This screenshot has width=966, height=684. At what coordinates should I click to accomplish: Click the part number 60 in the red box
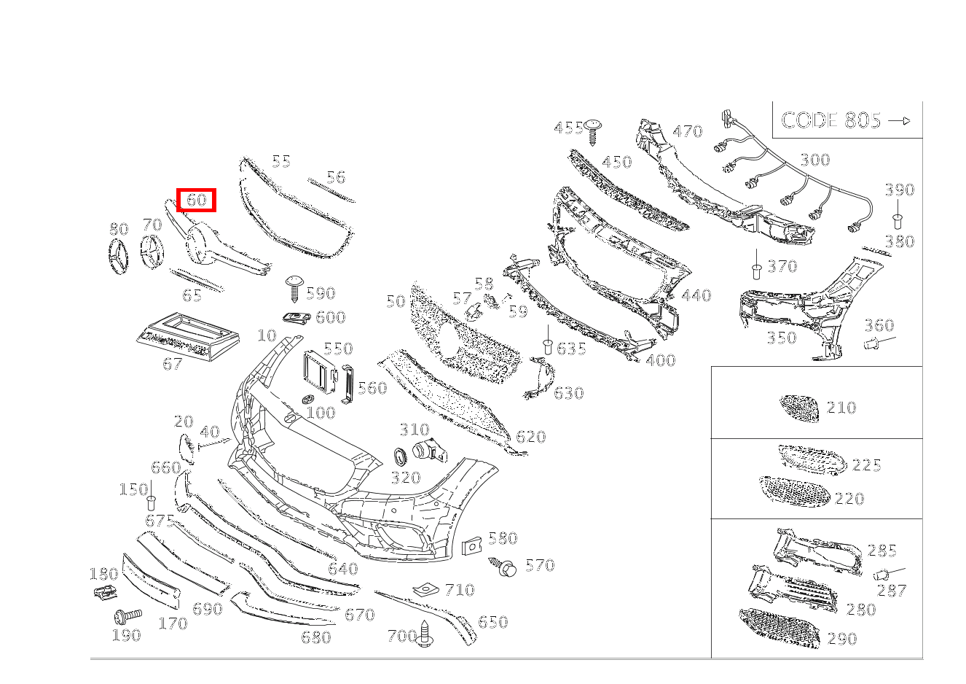(197, 199)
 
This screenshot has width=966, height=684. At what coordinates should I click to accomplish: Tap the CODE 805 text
(830, 120)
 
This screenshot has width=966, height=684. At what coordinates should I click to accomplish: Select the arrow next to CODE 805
(900, 121)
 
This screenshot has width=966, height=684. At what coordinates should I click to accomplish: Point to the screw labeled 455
(594, 131)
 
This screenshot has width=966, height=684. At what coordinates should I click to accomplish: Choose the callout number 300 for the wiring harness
(814, 160)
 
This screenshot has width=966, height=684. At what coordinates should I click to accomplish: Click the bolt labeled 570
(506, 567)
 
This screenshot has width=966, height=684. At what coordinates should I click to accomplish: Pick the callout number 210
(841, 408)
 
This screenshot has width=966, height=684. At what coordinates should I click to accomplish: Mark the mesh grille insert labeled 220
(794, 491)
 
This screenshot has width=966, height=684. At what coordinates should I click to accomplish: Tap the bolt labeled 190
(126, 616)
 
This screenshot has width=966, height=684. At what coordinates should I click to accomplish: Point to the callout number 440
(696, 295)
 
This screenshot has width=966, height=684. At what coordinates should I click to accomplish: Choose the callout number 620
(530, 437)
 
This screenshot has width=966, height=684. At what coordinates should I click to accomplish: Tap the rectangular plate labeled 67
(187, 335)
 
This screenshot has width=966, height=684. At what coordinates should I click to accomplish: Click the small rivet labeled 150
(152, 502)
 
